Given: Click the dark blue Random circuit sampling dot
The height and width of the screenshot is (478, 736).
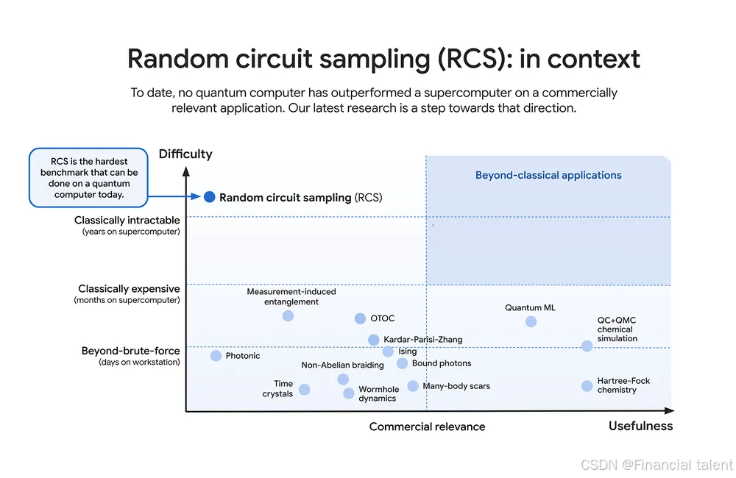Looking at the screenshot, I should [x=209, y=197].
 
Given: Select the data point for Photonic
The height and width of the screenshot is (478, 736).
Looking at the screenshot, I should [x=216, y=356].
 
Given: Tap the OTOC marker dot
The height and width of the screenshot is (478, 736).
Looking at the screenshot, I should [x=360, y=318].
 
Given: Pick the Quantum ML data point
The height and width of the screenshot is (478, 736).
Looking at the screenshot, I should [x=531, y=321].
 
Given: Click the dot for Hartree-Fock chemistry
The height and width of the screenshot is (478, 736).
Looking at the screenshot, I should [x=587, y=386].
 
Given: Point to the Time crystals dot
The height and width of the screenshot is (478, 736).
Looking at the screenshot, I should [x=304, y=390].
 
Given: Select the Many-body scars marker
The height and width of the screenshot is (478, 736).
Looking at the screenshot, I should [x=413, y=386].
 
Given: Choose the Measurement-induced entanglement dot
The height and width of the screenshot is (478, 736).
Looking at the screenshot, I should [x=288, y=315].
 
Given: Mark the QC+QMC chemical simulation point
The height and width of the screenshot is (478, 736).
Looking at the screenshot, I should [x=587, y=346].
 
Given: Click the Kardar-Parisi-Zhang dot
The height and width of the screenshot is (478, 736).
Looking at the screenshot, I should [x=373, y=340].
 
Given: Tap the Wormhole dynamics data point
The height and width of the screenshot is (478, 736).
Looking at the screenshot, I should [x=349, y=393].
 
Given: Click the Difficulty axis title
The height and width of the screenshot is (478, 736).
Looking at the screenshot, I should [x=185, y=154].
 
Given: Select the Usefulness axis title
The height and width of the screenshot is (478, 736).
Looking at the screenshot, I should [x=640, y=427].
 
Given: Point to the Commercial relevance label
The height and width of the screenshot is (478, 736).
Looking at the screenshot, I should [x=427, y=427].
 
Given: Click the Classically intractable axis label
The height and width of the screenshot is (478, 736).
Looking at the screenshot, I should [x=127, y=221].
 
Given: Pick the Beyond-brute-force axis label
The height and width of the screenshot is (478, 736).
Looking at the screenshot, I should [x=130, y=352].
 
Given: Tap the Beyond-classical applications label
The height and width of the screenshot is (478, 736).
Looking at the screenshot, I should [x=548, y=176].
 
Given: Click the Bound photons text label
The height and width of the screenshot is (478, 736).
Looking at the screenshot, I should [x=442, y=363].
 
